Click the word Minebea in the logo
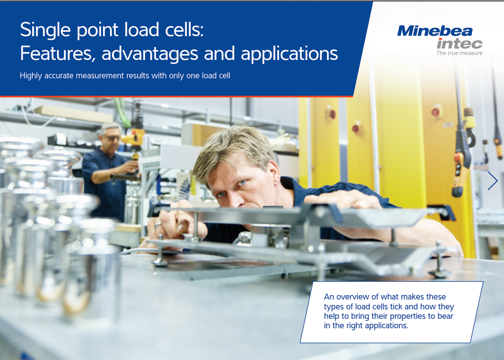pyautogui.click(x=435, y=31)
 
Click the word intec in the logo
pyautogui.click(x=459, y=44)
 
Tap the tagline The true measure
pyautogui.click(x=459, y=53)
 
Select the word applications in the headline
pyautogui.click(x=289, y=54)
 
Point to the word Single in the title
pyautogui.click(x=45, y=30)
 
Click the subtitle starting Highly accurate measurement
pyautogui.click(x=125, y=75)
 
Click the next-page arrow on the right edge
pyautogui.click(x=493, y=180)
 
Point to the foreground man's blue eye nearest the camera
pyautogui.click(x=243, y=183)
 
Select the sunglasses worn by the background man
pyautogui.click(x=112, y=138)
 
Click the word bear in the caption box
pyautogui.click(x=445, y=316)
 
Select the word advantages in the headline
pyautogui.click(x=150, y=54)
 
